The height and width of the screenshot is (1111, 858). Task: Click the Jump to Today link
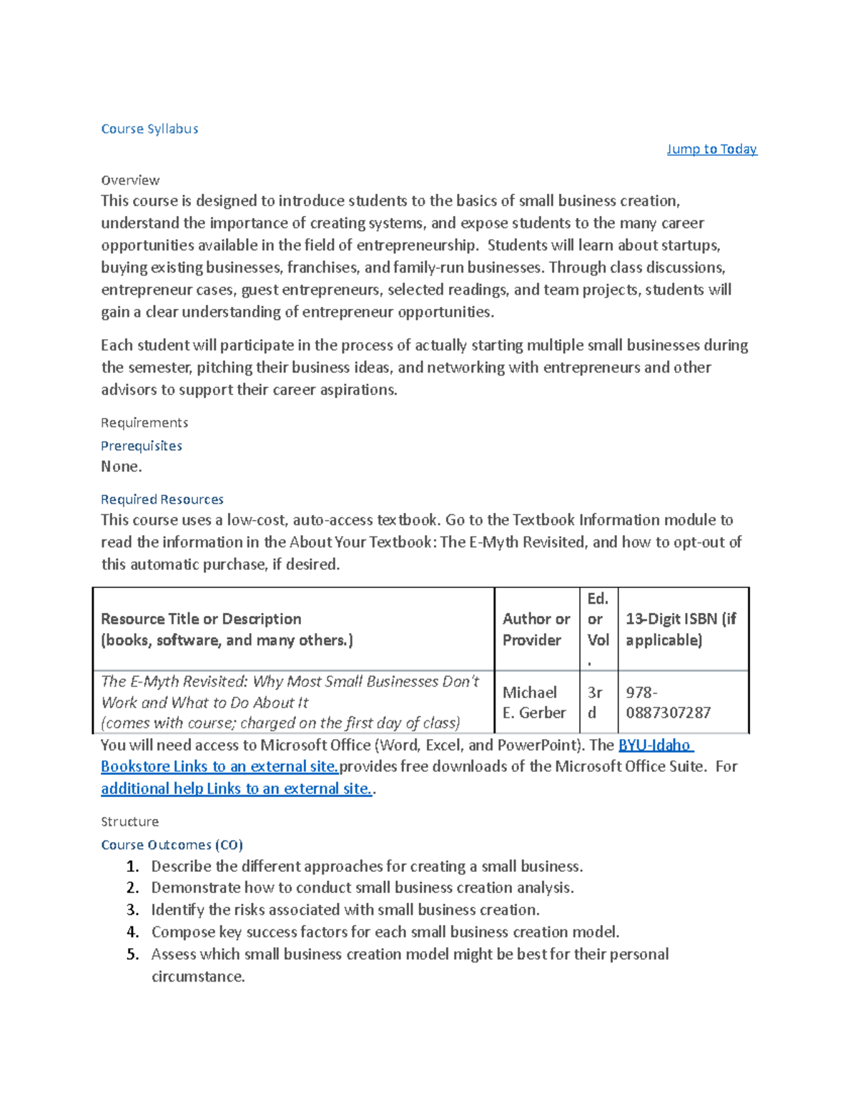(x=711, y=149)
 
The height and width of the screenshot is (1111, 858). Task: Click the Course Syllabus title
(x=149, y=129)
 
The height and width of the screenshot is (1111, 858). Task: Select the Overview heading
(x=130, y=180)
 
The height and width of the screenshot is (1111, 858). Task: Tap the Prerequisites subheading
(x=142, y=446)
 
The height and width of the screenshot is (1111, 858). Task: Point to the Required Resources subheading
(x=162, y=499)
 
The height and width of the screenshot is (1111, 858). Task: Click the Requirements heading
(x=144, y=423)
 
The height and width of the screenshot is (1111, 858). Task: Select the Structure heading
(x=129, y=821)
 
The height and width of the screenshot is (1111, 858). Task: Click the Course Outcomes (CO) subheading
(x=172, y=845)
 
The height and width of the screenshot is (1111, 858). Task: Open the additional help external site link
(x=237, y=788)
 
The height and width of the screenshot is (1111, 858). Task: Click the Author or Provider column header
(x=536, y=629)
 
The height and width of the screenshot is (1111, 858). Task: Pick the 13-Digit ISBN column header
(x=681, y=629)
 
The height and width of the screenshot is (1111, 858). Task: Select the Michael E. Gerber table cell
(x=533, y=703)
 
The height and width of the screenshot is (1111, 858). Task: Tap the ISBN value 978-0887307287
(x=668, y=703)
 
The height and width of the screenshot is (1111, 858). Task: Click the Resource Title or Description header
(x=227, y=629)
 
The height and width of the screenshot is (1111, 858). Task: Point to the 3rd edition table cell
(x=595, y=703)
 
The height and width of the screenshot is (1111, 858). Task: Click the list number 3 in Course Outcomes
(x=132, y=910)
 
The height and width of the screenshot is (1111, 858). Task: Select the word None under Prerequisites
(x=122, y=466)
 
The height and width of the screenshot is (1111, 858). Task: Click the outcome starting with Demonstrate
(x=363, y=888)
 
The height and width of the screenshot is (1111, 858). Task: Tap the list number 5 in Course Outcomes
(x=132, y=954)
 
